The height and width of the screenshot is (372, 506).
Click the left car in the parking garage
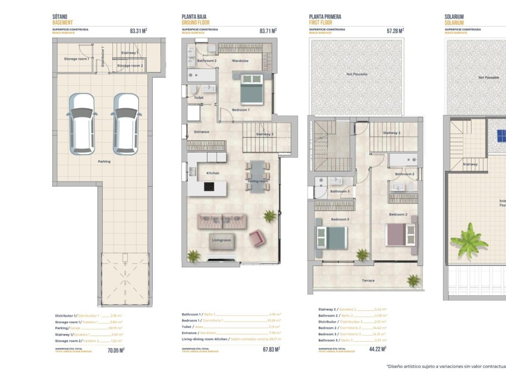(x=81, y=123)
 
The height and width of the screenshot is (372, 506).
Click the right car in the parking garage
(x=125, y=123)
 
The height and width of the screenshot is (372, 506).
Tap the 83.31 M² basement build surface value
(x=138, y=30)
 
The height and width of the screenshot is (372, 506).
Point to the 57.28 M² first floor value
(x=395, y=30)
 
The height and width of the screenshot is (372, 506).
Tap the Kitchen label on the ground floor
(x=212, y=173)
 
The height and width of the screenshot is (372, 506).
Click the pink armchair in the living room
(x=257, y=238)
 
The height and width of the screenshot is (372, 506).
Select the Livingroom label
(x=222, y=240)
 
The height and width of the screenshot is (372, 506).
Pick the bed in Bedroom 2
(x=399, y=234)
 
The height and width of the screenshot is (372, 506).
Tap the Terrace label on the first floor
(x=368, y=280)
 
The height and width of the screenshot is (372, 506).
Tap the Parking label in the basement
(x=104, y=161)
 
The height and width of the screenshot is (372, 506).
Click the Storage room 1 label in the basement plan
(x=76, y=59)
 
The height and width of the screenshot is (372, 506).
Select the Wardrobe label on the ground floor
(x=240, y=61)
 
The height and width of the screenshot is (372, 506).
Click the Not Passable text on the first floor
(x=357, y=74)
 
